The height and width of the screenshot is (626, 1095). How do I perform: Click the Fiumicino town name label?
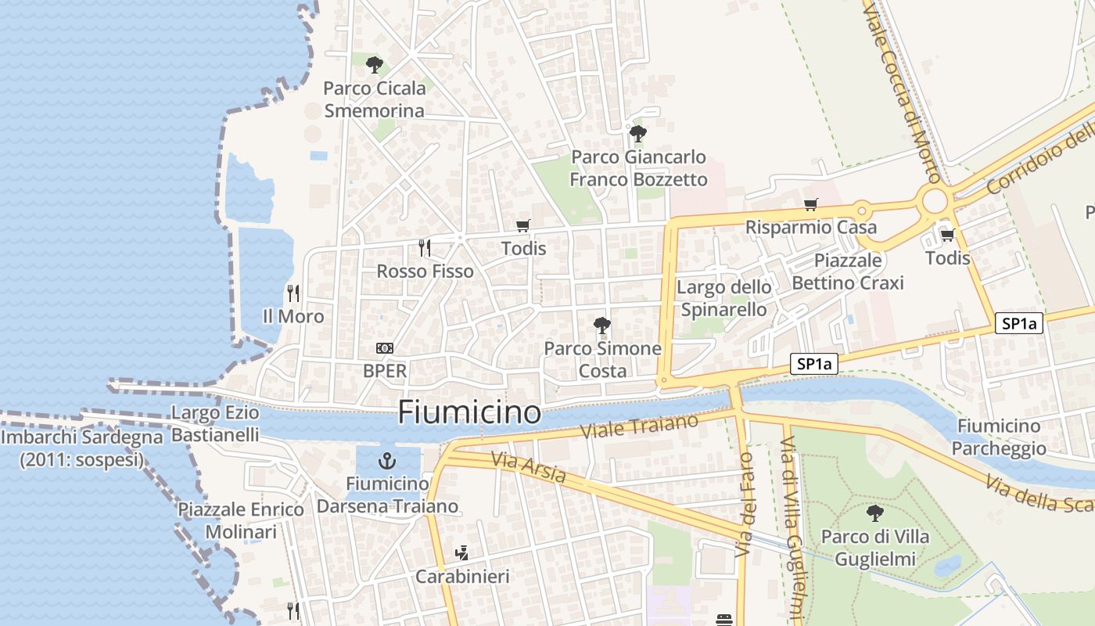[x=469, y=412]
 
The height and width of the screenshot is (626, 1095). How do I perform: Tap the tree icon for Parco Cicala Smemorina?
[x=375, y=64]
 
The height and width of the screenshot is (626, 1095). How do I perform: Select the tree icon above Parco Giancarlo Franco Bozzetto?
[x=638, y=133]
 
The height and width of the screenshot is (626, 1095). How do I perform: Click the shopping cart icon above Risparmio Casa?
[x=810, y=204]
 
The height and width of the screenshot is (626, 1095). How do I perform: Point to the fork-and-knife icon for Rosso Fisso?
[x=425, y=248]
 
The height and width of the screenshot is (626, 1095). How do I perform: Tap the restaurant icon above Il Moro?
[x=293, y=293]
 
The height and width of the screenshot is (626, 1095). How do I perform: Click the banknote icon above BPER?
[x=385, y=348]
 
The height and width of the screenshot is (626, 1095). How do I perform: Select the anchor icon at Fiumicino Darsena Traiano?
[x=386, y=460]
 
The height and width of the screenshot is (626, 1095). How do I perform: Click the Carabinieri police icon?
[x=461, y=553]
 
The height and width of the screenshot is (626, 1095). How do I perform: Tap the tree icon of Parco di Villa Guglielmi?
[x=874, y=513]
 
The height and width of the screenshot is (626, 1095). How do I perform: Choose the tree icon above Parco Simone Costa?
[x=601, y=325]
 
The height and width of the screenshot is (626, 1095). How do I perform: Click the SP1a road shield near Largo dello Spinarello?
[x=814, y=364]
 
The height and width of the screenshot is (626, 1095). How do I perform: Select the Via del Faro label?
[x=745, y=505]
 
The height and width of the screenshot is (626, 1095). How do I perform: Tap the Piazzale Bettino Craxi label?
[x=848, y=272]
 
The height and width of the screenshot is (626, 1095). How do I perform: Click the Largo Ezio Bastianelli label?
[x=214, y=423]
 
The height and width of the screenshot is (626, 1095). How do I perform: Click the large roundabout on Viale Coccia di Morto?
[x=935, y=201]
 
